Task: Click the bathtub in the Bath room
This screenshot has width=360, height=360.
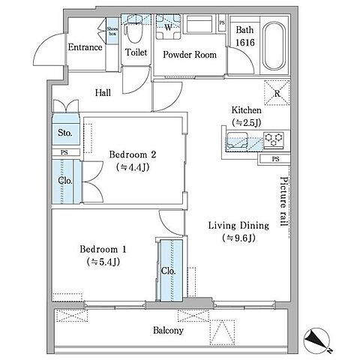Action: pyautogui.click(x=274, y=46)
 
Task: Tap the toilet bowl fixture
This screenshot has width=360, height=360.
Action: pyautogui.click(x=133, y=31)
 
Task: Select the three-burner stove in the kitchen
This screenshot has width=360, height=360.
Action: pyautogui.click(x=274, y=140)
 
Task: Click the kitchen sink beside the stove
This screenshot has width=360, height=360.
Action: pyautogui.click(x=237, y=141)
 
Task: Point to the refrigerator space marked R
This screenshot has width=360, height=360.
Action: pyautogui.click(x=277, y=92)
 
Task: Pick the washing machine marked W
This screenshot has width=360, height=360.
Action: pyautogui.click(x=168, y=27)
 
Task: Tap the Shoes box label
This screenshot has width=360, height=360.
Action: pyautogui.click(x=112, y=31)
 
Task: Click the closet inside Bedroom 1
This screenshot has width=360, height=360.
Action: pyautogui.click(x=171, y=271)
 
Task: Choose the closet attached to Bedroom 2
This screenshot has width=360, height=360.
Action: pyautogui.click(x=66, y=181)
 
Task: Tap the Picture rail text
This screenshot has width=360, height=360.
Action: pyautogui.click(x=283, y=202)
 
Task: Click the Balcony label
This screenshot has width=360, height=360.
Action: pyautogui.click(x=168, y=330)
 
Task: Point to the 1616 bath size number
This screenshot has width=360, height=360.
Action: pyautogui.click(x=245, y=43)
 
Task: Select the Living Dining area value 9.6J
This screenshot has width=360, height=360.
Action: pyautogui.click(x=238, y=238)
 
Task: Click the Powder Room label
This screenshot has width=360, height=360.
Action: pyautogui.click(x=190, y=55)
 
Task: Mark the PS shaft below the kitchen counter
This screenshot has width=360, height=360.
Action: pyautogui.click(x=275, y=159)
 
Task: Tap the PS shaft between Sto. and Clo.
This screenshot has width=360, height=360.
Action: pyautogui.click(x=65, y=152)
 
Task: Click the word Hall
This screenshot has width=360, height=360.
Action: pyautogui.click(x=103, y=93)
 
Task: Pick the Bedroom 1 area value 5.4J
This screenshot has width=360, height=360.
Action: pyautogui.click(x=103, y=262)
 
